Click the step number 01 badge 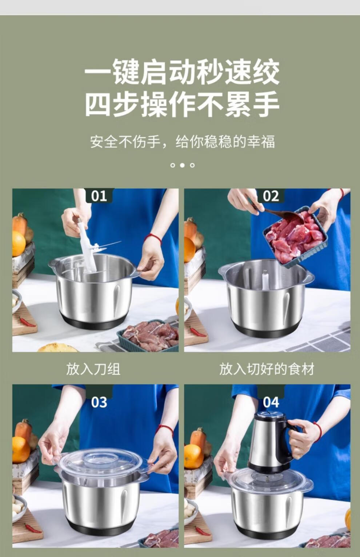(99, 196)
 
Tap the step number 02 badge (271, 196)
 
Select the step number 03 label (99, 402)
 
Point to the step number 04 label (271, 402)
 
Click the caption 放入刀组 (93, 369)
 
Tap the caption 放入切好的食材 (267, 369)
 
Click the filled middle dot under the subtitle (182, 165)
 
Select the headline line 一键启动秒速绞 (182, 72)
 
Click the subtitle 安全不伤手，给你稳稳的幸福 (182, 142)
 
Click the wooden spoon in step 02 (281, 214)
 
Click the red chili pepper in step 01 (27, 322)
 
